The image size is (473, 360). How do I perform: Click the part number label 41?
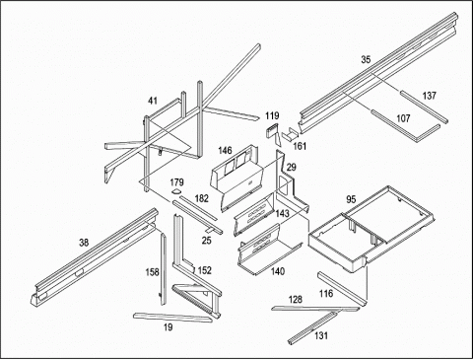pos(153,101)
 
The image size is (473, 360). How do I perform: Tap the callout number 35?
pos(366,59)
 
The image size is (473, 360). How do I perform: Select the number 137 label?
pos(429,96)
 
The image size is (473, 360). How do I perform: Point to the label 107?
pos(403,118)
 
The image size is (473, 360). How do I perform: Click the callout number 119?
pos(272,115)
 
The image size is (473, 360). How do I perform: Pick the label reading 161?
pos(300,146)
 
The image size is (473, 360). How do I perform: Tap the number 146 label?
pos(225,151)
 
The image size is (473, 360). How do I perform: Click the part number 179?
pos(176,182)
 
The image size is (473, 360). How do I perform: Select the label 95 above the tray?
pos(351,199)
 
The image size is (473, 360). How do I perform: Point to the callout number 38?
pos(84,243)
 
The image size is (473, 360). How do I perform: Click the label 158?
pos(152,272)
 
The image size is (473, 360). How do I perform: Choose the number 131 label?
pos(321,335)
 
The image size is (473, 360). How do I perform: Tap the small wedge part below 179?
pos(176,191)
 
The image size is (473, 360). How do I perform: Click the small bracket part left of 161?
pos(290,135)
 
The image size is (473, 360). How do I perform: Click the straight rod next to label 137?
pos(424,108)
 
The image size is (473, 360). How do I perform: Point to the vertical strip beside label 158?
pos(164,268)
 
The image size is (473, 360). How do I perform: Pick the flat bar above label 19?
pos(172,318)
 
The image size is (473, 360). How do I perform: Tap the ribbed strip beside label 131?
pos(312,328)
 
